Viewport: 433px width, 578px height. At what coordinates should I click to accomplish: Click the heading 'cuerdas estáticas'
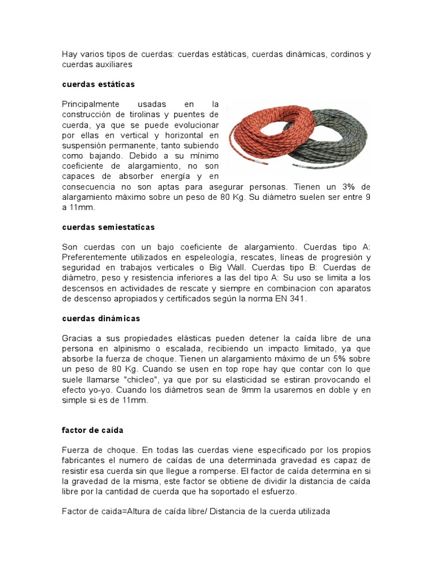[x=98, y=84]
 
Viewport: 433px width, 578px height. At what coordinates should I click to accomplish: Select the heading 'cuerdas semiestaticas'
[x=108, y=227]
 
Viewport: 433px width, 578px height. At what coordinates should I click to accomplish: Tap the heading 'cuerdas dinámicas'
[x=101, y=318]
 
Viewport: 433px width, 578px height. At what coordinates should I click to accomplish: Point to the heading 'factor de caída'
[x=92, y=430]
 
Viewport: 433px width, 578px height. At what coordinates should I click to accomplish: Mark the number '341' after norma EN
[x=296, y=299]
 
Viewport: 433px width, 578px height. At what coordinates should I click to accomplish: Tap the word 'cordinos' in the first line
[x=342, y=54]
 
